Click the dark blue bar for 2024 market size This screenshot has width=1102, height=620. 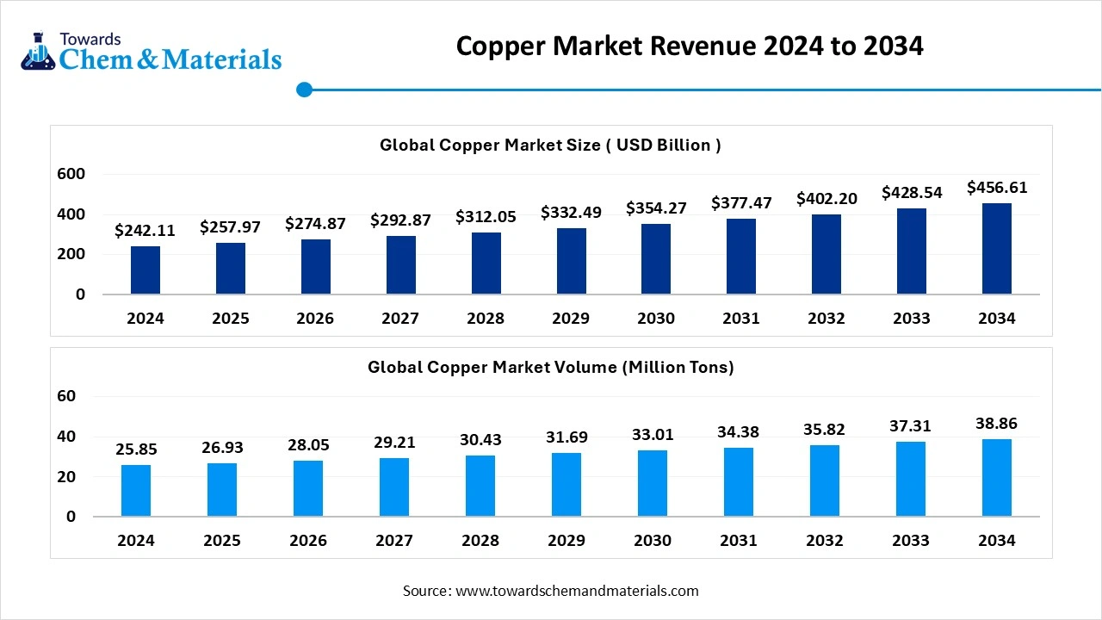pos(145,270)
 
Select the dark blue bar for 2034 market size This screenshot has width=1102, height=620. pos(997,249)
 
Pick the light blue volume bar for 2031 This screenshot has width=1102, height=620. pos(739,482)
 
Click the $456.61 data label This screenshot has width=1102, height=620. pos(997,188)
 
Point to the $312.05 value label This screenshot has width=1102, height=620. pos(486,217)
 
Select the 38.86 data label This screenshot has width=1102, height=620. pos(997,424)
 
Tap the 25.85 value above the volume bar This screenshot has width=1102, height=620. pos(136,449)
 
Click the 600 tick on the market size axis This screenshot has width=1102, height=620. pos(71,174)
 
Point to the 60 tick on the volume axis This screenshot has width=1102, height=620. pos(66,396)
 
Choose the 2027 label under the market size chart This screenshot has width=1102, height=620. pos(400,319)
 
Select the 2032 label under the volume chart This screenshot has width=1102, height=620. pos(826,541)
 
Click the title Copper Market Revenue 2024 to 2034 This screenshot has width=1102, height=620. pos(690,46)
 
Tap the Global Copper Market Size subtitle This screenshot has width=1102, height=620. pos(550,145)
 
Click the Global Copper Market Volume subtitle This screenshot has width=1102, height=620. pos(550,367)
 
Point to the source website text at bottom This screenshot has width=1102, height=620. pos(550,591)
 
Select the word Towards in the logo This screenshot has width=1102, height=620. pos(90,39)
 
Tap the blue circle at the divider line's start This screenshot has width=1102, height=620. pos(304,90)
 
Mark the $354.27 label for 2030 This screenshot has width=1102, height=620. pos(656,208)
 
